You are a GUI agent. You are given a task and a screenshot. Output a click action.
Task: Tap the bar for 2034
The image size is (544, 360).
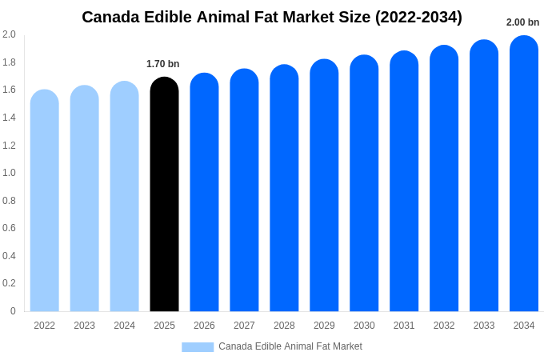click(524, 174)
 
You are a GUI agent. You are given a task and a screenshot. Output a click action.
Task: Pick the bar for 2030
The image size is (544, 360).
click(364, 183)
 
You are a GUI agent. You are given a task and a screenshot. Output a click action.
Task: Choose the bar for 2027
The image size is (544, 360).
click(244, 190)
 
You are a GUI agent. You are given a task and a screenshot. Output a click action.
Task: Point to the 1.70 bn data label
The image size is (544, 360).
click(162, 64)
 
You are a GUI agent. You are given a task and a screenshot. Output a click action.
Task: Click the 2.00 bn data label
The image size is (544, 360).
click(522, 22)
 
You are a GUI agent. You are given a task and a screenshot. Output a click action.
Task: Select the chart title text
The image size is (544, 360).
click(272, 17)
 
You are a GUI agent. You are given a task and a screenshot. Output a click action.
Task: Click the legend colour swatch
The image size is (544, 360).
click(198, 346)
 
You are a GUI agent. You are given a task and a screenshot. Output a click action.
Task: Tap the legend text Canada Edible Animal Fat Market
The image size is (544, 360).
click(290, 346)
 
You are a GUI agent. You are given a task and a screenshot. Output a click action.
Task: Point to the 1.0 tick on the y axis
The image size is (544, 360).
click(9, 173)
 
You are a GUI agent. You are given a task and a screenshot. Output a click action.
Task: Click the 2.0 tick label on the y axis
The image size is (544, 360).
click(9, 34)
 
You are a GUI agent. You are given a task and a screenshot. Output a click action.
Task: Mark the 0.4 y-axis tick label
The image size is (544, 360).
click(9, 256)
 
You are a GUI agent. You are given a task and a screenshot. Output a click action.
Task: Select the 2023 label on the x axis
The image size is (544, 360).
click(84, 326)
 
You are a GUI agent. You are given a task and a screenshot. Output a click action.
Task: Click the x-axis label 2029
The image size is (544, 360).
click(324, 326)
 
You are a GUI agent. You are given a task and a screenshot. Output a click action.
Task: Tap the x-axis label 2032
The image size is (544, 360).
click(444, 326)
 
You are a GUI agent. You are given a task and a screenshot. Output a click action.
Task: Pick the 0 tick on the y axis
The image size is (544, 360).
click(13, 311)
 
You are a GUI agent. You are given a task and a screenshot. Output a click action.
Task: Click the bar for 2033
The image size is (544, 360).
click(484, 176)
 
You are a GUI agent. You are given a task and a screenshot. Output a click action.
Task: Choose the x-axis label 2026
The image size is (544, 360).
click(204, 326)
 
